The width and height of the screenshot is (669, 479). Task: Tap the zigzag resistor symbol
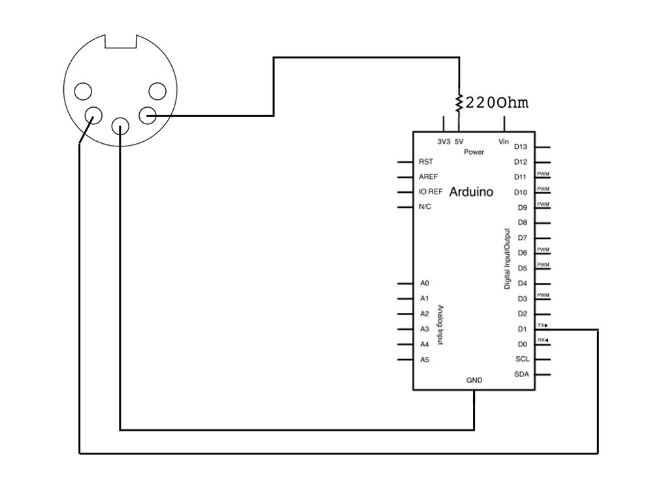tap(459, 101)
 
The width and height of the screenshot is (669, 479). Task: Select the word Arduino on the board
tap(471, 192)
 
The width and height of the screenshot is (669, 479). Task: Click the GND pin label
tap(474, 380)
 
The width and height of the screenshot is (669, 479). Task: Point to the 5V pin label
tap(459, 142)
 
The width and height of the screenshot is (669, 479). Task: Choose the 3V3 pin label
tap(443, 142)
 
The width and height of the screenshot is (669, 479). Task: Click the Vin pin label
tap(504, 142)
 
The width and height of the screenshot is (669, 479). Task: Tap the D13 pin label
tap(521, 147)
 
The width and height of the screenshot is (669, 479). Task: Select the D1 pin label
tap(522, 329)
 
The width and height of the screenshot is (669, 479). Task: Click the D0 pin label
tap(522, 344)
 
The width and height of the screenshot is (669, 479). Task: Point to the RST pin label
tap(425, 161)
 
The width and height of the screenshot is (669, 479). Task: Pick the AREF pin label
tap(428, 176)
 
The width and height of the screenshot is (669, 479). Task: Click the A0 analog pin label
tap(425, 284)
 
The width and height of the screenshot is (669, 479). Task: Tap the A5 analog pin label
tap(425, 359)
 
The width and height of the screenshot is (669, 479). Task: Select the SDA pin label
tap(521, 374)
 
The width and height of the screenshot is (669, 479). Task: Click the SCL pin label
tap(521, 359)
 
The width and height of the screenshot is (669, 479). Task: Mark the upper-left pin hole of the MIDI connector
tap(83, 91)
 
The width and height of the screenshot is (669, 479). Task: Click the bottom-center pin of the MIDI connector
tap(120, 125)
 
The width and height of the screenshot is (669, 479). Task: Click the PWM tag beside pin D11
tap(543, 174)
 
